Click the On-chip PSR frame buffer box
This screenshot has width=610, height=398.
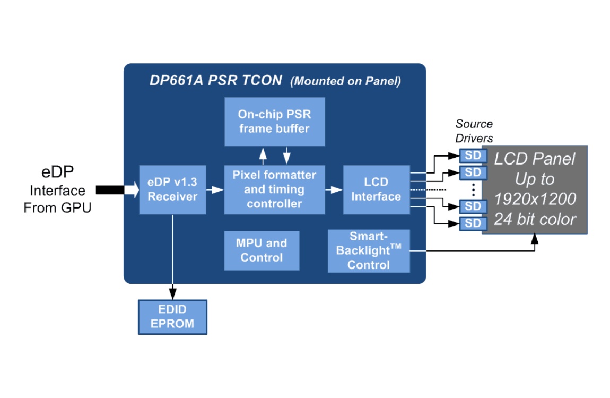coord(275,122)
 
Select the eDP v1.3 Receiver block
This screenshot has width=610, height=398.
coord(172,189)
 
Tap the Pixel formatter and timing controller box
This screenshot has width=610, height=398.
coord(275,189)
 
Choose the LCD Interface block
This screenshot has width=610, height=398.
coord(376,189)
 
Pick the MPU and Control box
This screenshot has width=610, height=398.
coord(262,250)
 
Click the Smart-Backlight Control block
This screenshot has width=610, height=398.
coord(369,251)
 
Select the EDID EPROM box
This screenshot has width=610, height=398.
coord(172,317)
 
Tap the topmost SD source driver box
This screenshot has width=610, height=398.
coord(473,155)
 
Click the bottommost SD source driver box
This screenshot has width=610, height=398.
coord(473,223)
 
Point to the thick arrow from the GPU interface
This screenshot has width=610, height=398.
coord(117,190)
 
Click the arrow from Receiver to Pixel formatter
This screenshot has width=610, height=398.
coord(215,190)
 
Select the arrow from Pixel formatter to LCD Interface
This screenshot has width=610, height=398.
coord(334,190)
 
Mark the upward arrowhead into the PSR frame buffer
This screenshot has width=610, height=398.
coord(263,152)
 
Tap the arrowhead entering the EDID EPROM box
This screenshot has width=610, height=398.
coord(173,294)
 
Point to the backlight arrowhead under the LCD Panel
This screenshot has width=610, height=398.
coord(535,238)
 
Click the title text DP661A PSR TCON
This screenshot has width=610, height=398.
coord(215,80)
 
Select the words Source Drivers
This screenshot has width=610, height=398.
coord(474,131)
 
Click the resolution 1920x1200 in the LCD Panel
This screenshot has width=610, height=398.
coord(535,199)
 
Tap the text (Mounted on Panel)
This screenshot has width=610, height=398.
coord(345,81)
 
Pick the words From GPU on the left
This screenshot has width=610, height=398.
coord(57,207)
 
